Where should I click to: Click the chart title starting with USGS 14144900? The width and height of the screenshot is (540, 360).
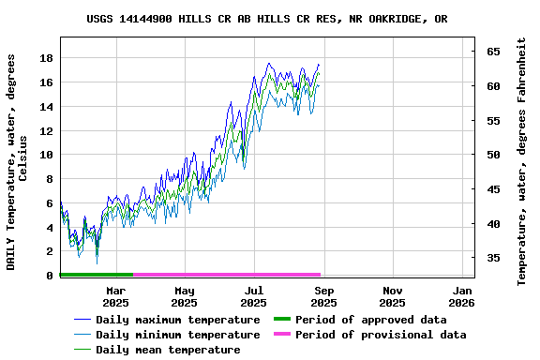tap(267, 19)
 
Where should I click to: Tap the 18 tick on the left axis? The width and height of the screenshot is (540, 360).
tap(47, 58)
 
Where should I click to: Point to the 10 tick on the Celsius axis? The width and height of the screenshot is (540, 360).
tap(47, 155)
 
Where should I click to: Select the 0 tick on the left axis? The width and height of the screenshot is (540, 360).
tap(50, 276)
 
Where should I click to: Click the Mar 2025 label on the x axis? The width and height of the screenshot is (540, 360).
tap(115, 297)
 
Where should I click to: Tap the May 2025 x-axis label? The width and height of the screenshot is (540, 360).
tap(185, 297)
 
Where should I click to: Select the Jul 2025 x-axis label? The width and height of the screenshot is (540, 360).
tap(254, 297)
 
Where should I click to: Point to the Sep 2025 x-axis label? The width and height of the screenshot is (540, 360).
tap(323, 297)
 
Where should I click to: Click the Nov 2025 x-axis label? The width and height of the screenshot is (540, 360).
tap(393, 297)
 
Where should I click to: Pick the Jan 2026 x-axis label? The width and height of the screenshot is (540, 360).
tap(462, 297)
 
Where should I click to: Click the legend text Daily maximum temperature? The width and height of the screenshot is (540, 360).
tap(177, 320)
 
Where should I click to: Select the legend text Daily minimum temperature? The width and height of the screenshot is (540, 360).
tap(177, 335)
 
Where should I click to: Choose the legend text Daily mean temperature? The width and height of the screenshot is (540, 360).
tap(167, 350)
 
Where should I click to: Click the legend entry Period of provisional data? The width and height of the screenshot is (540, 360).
tap(380, 335)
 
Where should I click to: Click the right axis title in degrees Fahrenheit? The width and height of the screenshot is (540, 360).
tap(522, 161)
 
